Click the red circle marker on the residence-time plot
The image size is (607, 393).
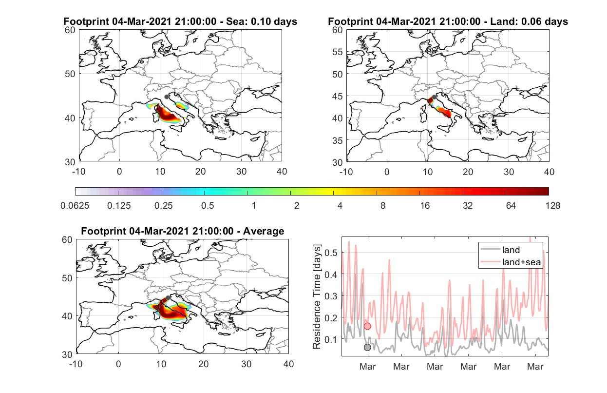click(x=367, y=326)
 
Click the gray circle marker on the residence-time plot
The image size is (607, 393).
click(x=367, y=347)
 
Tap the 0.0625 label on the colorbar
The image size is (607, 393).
click(x=75, y=206)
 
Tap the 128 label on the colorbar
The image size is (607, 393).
click(x=552, y=206)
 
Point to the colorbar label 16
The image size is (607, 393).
click(x=425, y=206)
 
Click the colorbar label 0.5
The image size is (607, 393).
click(x=208, y=206)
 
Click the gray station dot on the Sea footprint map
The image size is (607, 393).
click(x=167, y=97)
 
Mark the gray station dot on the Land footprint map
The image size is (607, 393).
click(x=434, y=97)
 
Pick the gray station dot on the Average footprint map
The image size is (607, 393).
click(x=168, y=298)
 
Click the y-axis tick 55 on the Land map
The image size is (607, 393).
click(x=338, y=52)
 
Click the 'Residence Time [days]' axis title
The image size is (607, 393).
click(x=317, y=297)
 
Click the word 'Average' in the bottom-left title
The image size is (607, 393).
click(x=264, y=231)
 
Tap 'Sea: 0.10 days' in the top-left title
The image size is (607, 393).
click(x=262, y=21)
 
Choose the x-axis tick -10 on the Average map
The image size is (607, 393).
click(x=76, y=364)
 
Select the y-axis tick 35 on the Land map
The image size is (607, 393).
click(x=338, y=140)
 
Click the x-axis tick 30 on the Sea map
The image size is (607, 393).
click(x=242, y=172)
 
